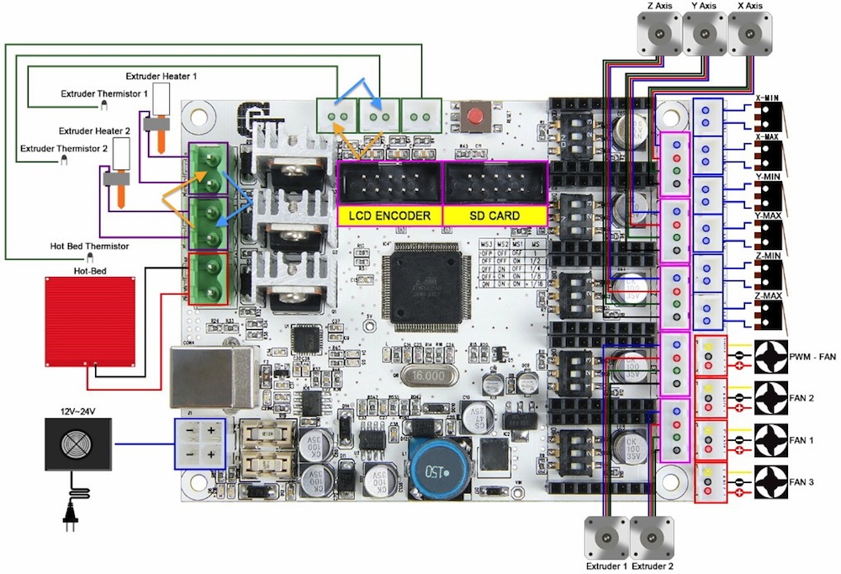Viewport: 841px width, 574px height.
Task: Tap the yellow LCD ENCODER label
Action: [390, 215]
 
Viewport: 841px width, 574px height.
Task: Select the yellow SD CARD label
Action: [495, 215]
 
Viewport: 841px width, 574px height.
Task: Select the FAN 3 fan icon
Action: [771, 481]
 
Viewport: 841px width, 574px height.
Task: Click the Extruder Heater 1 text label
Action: [161, 77]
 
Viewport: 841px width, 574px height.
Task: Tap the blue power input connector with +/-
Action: [199, 443]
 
